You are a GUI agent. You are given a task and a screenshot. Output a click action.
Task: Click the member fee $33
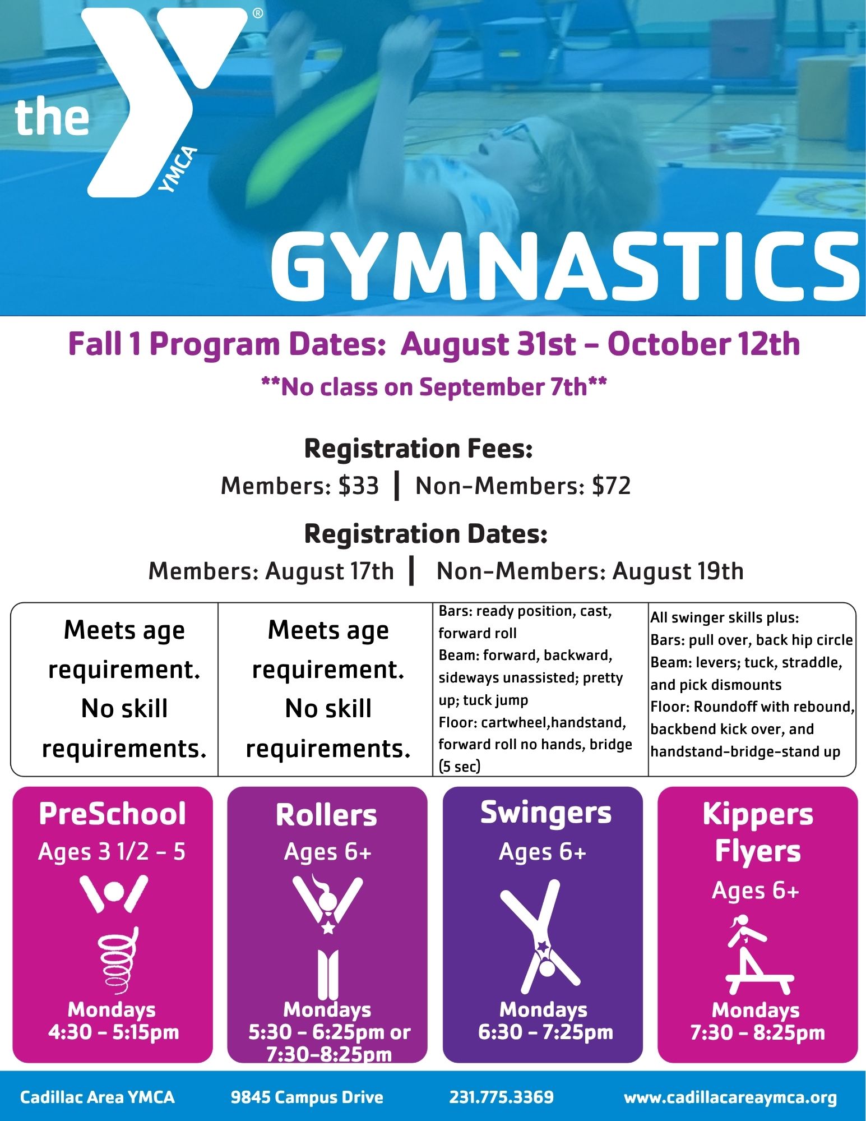[359, 486]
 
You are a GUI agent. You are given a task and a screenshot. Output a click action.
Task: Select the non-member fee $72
[611, 486]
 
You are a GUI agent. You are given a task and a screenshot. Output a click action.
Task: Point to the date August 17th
[330, 571]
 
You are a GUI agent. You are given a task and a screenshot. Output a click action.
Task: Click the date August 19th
[678, 571]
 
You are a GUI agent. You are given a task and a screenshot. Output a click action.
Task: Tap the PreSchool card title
[112, 814]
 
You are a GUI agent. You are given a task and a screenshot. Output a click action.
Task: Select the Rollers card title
[327, 815]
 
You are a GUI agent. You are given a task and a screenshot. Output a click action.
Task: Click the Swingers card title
[546, 813]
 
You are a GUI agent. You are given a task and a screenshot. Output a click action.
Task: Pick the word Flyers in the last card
[758, 852]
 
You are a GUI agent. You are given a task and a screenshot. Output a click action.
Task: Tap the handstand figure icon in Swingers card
[540, 937]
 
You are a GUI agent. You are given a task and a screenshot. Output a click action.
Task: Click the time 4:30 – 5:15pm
[113, 1032]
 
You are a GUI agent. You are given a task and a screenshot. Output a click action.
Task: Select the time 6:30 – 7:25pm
[545, 1032]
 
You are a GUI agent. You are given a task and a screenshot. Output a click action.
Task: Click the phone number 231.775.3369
[502, 1097]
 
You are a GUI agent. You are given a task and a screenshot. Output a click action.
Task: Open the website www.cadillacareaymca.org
[730, 1098]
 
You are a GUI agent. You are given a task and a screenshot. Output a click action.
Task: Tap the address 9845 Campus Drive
[307, 1097]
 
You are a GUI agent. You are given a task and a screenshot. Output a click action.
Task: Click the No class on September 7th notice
[434, 387]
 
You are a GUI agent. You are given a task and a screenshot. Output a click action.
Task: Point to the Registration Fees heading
[418, 449]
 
